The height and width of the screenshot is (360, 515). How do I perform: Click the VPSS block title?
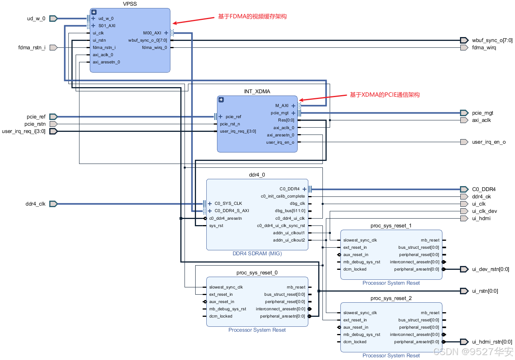coord(130,4)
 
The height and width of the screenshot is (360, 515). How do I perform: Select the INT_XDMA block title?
coord(257,91)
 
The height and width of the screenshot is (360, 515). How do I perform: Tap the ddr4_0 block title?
coord(257,175)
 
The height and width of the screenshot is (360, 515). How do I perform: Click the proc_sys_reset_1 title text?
coord(391,225)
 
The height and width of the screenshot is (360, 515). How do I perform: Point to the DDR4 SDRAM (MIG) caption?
coord(257,253)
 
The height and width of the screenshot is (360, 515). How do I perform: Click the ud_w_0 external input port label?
coord(36,18)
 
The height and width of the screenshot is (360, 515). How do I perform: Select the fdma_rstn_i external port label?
coord(32,47)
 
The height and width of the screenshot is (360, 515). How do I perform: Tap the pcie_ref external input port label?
coord(36,117)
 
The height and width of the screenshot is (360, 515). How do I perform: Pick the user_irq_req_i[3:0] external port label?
coord(24,131)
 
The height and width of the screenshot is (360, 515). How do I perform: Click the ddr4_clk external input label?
coord(36,204)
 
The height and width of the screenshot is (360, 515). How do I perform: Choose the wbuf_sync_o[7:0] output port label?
coord(492,40)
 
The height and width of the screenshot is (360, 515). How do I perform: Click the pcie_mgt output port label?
coord(483,113)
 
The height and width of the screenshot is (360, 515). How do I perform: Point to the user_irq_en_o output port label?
coord(489,142)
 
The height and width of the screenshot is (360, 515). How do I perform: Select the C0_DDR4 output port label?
coord(484,189)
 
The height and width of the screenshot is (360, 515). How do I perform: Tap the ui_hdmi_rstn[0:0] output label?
coord(492,342)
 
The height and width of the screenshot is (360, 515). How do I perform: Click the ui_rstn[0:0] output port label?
coord(485,291)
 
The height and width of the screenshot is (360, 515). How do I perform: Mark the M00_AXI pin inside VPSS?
coord(152,33)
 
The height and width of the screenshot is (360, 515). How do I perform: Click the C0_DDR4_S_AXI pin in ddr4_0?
coord(232,211)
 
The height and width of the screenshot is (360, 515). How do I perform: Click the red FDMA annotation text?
coord(252,16)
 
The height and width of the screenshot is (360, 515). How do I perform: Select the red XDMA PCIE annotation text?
coord(385,95)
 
